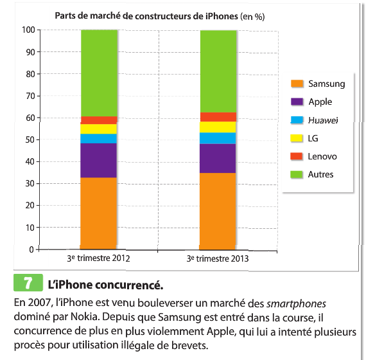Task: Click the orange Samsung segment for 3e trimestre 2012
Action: (x=98, y=213)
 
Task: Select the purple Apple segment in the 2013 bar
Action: (x=218, y=158)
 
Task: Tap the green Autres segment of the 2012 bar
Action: (x=98, y=73)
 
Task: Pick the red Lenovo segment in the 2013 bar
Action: (x=218, y=117)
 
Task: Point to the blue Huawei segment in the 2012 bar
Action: (x=98, y=138)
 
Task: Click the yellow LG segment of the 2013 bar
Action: (x=218, y=127)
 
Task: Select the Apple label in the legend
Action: (x=320, y=102)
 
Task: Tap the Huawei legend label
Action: (x=323, y=120)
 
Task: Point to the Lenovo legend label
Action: (x=322, y=156)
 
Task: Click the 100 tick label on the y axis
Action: (x=28, y=30)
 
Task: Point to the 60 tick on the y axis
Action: (x=30, y=118)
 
